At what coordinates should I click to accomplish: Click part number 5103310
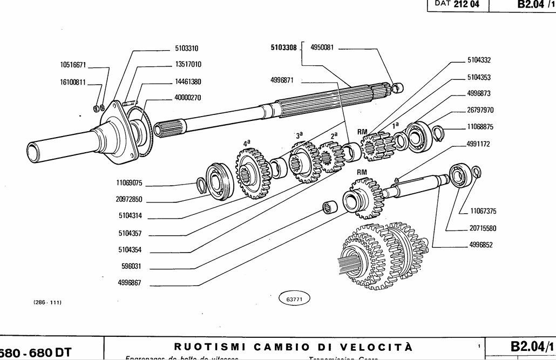tap(187, 48)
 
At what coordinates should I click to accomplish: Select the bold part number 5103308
tap(283, 47)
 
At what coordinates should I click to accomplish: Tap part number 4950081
tap(322, 47)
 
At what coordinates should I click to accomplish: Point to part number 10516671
tap(73, 65)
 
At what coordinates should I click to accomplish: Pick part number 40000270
tap(188, 98)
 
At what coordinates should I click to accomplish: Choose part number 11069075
tap(129, 183)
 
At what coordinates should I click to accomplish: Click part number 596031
tap(130, 266)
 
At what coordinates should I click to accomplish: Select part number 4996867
tap(129, 282)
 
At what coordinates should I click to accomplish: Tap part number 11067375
tap(483, 212)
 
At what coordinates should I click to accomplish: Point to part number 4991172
tap(479, 145)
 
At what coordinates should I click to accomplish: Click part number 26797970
tap(480, 110)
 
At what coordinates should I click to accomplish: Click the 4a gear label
tap(247, 144)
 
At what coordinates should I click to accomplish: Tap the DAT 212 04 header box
tap(457, 5)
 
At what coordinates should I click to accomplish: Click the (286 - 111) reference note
tap(48, 302)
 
